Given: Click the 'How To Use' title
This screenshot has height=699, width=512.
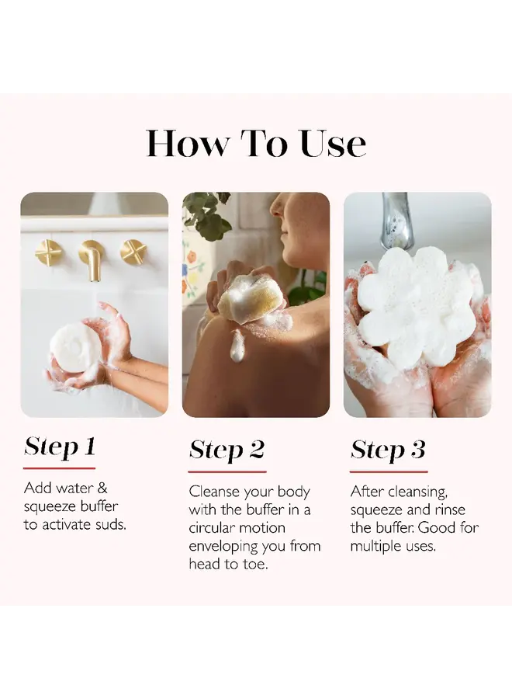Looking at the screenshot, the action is coord(256,144).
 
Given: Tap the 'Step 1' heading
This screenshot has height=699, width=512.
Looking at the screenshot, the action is coord(60,447).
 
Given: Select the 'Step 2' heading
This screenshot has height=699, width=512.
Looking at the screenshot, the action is coord(227,450).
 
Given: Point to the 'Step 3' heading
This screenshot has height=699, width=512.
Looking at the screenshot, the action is coord(388,450).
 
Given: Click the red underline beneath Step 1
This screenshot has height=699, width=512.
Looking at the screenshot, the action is coord(59,468).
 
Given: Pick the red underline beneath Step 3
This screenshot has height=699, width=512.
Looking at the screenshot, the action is coord(389,471).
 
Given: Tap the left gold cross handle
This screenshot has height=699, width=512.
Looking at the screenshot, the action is coord(48,252).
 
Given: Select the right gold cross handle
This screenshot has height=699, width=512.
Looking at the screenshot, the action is coord(133,252).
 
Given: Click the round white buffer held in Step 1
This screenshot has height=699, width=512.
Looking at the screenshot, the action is coord(74,348).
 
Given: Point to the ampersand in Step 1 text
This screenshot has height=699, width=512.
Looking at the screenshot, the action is coord(102,489).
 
